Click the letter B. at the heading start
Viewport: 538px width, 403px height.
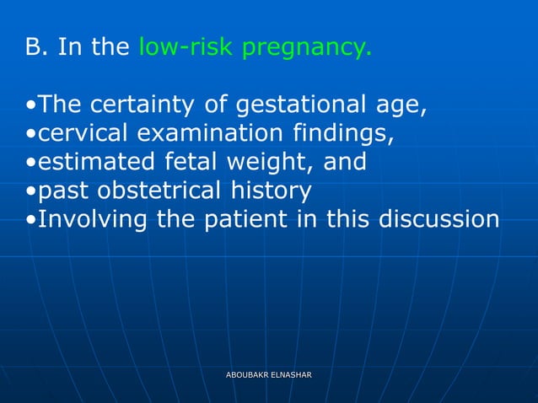tap(37, 47)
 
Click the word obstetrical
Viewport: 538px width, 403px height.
tap(163, 190)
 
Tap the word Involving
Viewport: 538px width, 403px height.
tap(93, 219)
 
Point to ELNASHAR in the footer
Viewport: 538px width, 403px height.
tap(292, 373)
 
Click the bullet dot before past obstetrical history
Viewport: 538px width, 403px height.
tap(30, 191)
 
